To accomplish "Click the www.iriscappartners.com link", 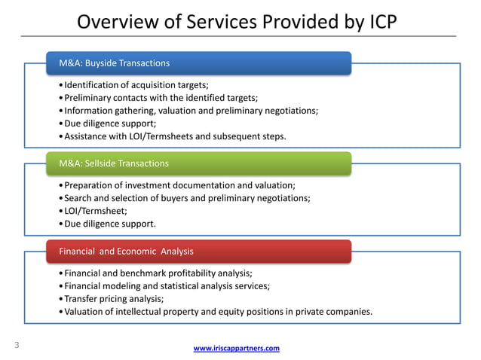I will coord(237,348).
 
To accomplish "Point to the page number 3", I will coord(16,346).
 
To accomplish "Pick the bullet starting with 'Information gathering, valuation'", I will coord(191,111).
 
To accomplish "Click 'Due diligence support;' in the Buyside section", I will coord(110,124).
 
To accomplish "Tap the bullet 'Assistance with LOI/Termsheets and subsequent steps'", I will coord(175,136).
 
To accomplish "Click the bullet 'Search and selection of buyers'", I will coord(187,198).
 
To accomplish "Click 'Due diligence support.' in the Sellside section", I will coord(110,224).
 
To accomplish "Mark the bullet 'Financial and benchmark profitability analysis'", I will coord(158,273).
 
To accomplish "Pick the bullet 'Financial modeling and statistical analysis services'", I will coord(167,285).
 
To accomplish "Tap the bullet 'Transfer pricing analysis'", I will coord(114,298).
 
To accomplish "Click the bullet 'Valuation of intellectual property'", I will coord(218,311).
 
